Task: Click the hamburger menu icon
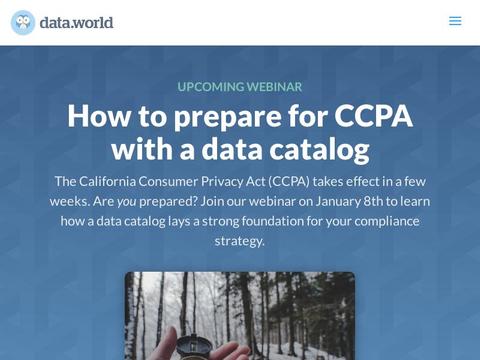pyautogui.click(x=455, y=21)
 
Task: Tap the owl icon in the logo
pyautogui.click(x=23, y=22)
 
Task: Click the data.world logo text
pyautogui.click(x=77, y=22)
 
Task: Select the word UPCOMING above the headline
pyautogui.click(x=208, y=87)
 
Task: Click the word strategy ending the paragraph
pyautogui.click(x=240, y=241)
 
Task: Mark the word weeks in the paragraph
pyautogui.click(x=71, y=201)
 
